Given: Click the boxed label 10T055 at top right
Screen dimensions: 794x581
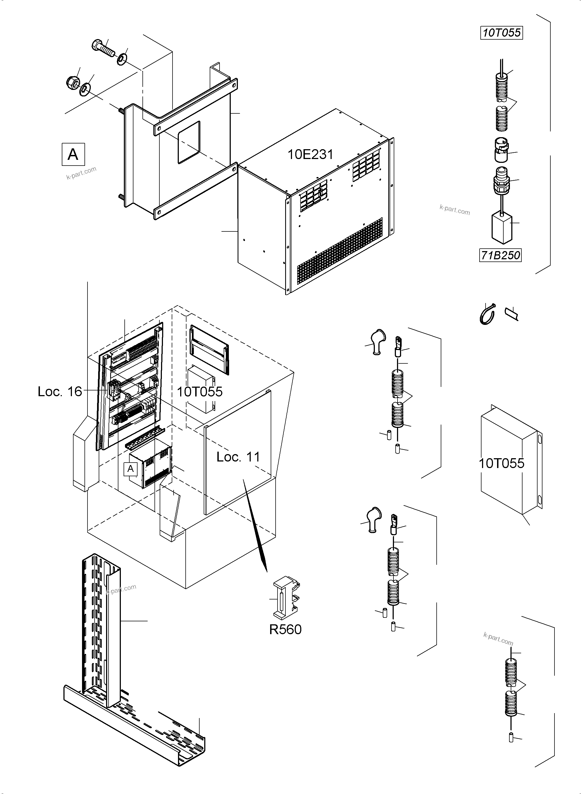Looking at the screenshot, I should tap(501, 33).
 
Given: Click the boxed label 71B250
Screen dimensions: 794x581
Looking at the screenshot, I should tap(500, 255).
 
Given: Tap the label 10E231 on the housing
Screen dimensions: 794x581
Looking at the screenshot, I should tap(310, 154).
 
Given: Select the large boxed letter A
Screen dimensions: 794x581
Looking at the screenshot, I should tap(73, 154).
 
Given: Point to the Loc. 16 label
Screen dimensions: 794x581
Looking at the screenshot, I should tap(60, 392).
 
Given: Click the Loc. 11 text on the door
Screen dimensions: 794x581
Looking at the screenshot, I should tap(238, 457).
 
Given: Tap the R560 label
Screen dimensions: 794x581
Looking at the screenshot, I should tap(285, 630).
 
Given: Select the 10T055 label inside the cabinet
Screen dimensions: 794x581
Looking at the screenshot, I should tap(199, 392).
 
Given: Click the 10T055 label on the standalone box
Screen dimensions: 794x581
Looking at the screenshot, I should tap(501, 463).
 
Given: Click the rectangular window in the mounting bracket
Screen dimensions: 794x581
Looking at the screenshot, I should tap(189, 142).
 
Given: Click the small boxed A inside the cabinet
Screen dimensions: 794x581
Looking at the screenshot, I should tap(130, 469).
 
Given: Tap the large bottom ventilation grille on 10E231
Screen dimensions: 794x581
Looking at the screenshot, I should tap(339, 251).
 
